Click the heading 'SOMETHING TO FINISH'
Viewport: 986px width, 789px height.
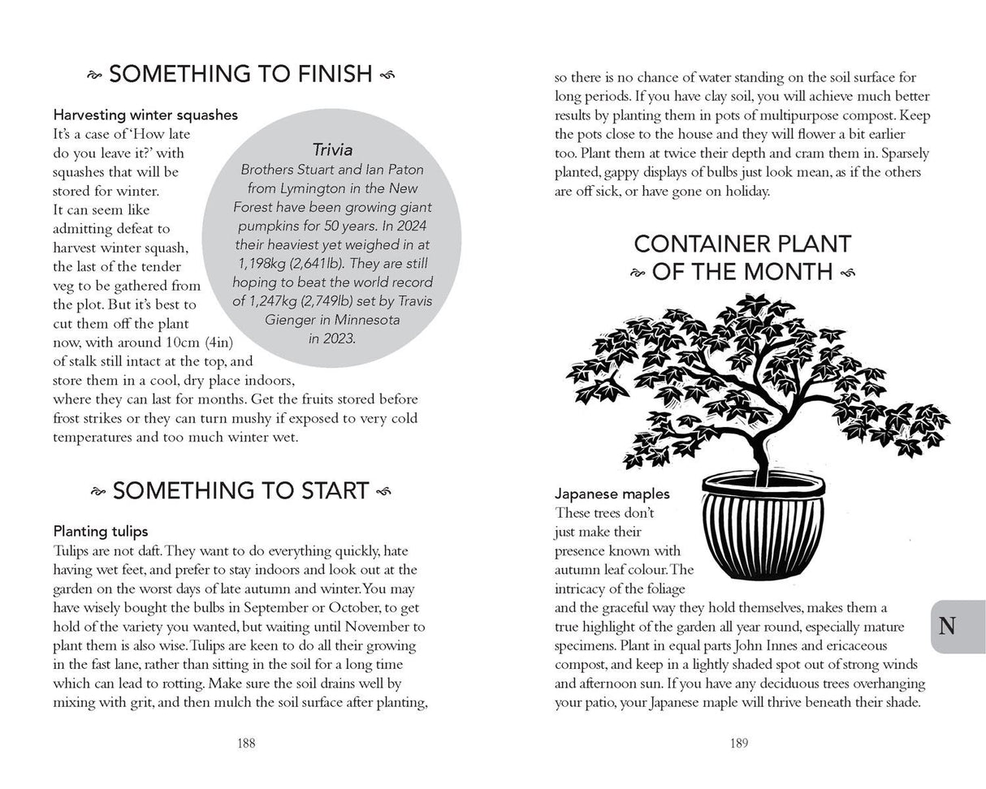pos(240,75)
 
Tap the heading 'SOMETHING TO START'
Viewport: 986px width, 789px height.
pos(240,490)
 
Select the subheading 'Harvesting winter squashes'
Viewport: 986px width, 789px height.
pos(145,115)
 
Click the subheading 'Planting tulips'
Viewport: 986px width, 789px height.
pos(101,532)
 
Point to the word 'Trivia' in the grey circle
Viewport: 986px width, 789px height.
pos(331,149)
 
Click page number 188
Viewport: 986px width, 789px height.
pos(241,742)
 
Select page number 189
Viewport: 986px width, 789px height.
pos(739,742)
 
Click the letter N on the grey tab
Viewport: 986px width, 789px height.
pos(947,626)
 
